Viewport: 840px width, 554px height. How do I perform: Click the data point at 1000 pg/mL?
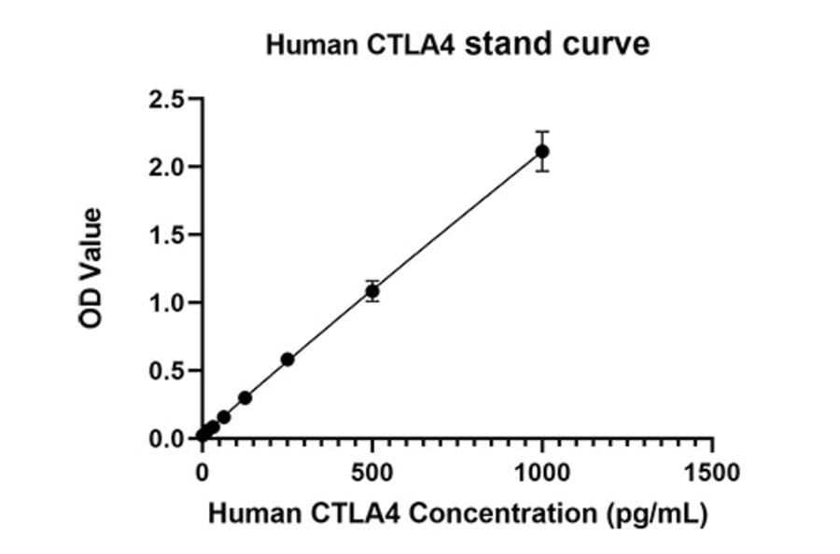[x=542, y=151]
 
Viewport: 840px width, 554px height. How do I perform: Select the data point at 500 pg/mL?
[x=372, y=291]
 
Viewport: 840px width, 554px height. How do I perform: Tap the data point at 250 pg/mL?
[x=287, y=359]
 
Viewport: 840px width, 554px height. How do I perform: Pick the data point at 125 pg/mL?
[x=245, y=397]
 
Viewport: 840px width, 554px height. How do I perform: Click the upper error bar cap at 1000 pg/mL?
[x=542, y=132]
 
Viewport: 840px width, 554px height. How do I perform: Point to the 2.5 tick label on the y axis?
[x=169, y=99]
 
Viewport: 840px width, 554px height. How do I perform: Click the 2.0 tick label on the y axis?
[x=169, y=167]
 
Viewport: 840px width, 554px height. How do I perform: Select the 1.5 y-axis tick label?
[x=169, y=235]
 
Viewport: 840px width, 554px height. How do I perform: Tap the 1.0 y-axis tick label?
[x=169, y=303]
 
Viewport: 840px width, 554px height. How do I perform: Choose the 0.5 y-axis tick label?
[x=169, y=371]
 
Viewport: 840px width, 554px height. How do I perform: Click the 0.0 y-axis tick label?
[x=169, y=438]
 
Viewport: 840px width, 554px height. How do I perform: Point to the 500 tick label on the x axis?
[x=372, y=472]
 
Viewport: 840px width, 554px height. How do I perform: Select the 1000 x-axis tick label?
[x=542, y=472]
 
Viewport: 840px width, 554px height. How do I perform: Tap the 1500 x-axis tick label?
[x=713, y=472]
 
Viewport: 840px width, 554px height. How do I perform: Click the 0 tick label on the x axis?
[x=203, y=472]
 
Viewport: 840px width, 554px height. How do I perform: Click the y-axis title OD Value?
[x=91, y=269]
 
